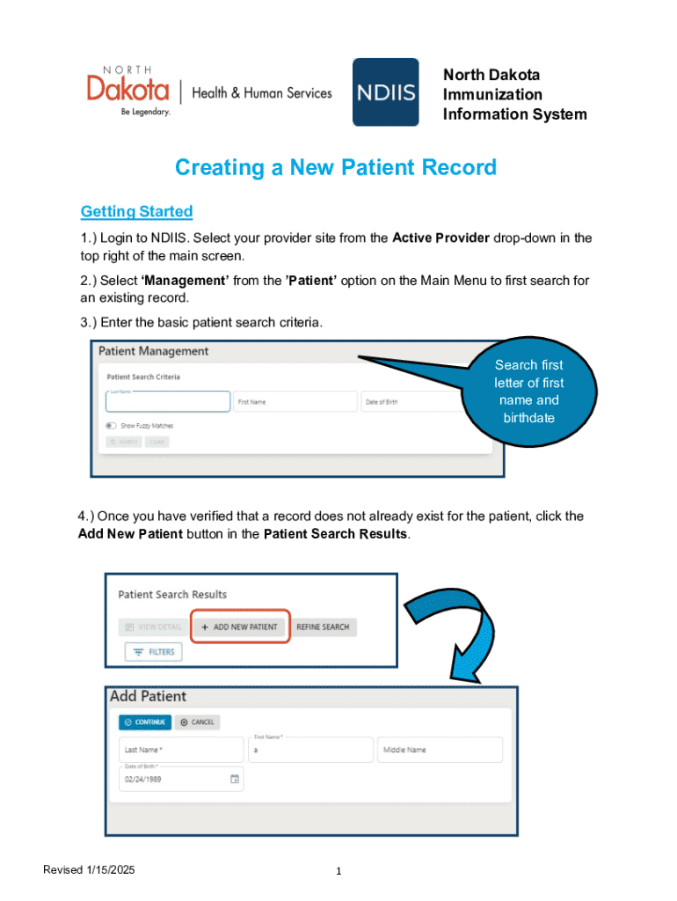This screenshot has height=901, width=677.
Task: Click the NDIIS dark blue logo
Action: tap(385, 92)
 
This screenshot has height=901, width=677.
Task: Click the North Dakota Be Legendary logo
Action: tap(128, 91)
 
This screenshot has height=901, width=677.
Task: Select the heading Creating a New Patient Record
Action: tap(336, 167)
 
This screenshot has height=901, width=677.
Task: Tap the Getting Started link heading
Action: tap(136, 211)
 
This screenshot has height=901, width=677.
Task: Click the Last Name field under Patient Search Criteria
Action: tap(168, 402)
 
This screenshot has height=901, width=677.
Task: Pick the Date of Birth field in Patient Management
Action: tap(411, 402)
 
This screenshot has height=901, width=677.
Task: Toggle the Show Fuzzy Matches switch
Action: tap(112, 425)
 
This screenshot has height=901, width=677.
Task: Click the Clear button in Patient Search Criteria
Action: tap(157, 442)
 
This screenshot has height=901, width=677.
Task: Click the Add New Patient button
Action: tap(240, 627)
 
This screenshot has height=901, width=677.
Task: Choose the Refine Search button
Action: tap(323, 627)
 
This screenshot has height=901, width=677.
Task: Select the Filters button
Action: tap(154, 652)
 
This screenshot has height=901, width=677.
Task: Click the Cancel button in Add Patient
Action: tap(197, 722)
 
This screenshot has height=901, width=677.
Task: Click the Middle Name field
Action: tap(440, 750)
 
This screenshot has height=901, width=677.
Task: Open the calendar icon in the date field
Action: tap(235, 779)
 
